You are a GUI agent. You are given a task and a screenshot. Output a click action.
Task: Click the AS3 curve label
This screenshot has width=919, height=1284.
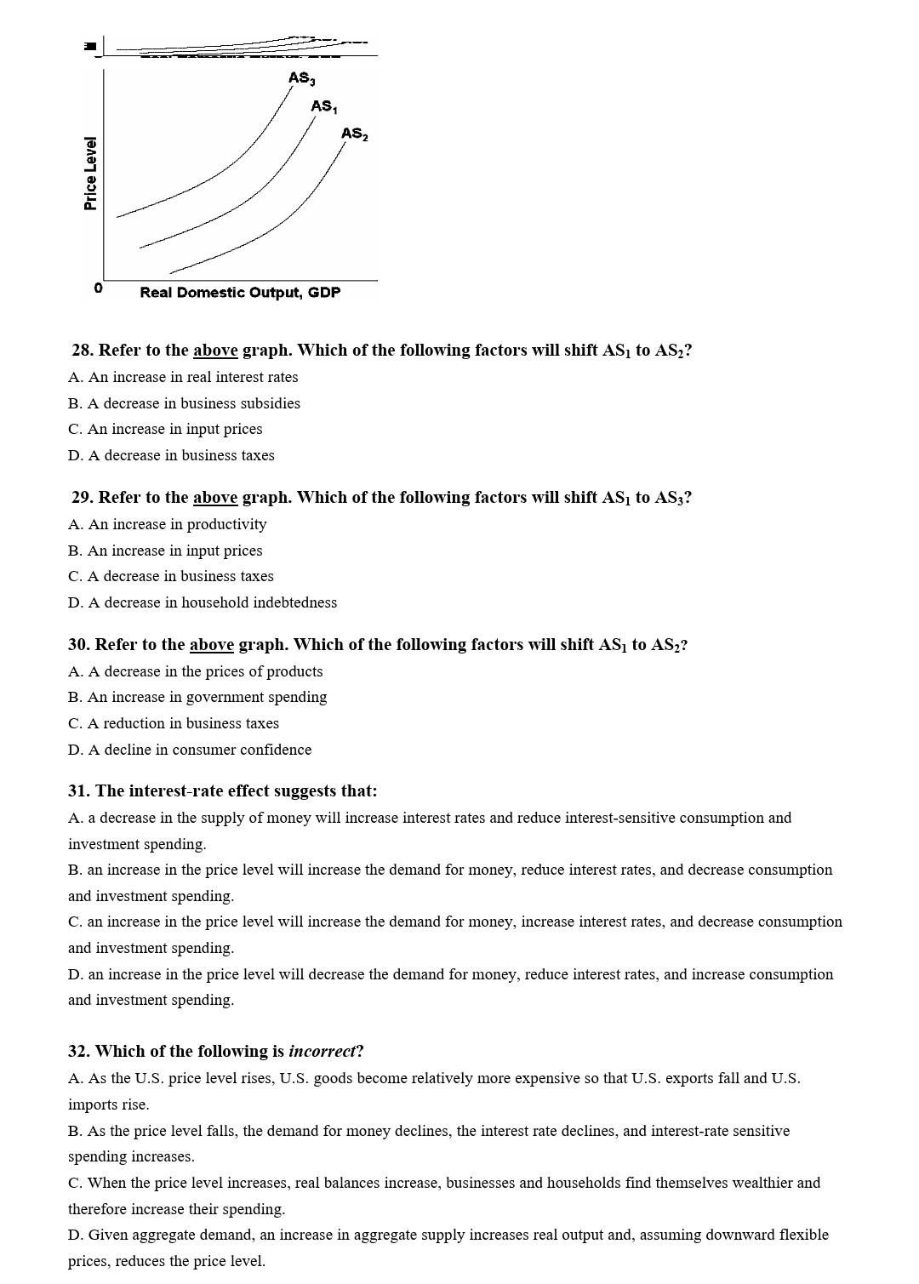click(x=301, y=78)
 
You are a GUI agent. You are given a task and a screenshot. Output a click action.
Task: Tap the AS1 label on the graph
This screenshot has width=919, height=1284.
click(x=323, y=106)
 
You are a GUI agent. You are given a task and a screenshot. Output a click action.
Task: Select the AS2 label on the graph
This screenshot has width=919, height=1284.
click(x=354, y=134)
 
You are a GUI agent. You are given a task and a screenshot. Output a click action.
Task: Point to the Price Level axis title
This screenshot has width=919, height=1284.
click(x=90, y=173)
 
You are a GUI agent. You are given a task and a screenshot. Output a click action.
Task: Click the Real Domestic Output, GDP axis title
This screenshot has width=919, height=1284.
click(x=240, y=293)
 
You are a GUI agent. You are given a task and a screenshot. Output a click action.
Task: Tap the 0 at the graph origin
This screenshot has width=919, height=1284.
click(x=98, y=288)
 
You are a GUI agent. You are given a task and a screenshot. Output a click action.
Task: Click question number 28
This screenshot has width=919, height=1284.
click(x=83, y=351)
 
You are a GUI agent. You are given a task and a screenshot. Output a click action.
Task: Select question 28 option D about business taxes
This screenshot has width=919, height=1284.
click(x=171, y=455)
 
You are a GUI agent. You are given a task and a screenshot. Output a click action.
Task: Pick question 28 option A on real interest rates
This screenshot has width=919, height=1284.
click(x=183, y=377)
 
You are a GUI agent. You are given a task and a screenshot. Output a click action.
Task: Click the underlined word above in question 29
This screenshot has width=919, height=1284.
click(x=215, y=498)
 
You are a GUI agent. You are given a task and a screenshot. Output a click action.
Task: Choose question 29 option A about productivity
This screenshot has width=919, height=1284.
click(x=168, y=524)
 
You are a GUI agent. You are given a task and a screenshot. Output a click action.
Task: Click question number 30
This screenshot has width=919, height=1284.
click(x=79, y=645)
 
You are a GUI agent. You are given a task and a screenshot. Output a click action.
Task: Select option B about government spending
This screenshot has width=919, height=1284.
click(x=197, y=697)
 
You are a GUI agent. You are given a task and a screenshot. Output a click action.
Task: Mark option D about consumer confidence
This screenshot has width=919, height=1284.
click(x=190, y=750)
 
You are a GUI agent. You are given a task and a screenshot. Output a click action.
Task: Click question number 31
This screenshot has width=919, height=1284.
click(x=79, y=791)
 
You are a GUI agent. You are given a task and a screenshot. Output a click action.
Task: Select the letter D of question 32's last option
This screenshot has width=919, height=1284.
click(x=74, y=1235)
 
